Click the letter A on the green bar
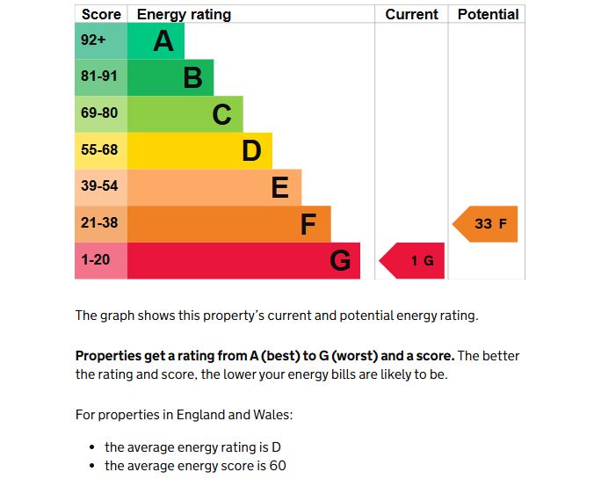[x=163, y=41]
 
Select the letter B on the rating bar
[x=192, y=78]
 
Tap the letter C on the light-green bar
[x=221, y=114]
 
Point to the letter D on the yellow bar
[x=251, y=151]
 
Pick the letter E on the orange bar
[x=280, y=187]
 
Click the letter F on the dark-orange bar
[x=308, y=224]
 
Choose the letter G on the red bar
[x=340, y=261]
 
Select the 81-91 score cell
[x=100, y=77]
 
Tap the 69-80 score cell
[x=100, y=114]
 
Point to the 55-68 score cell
[x=100, y=150]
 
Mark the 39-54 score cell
[x=100, y=187]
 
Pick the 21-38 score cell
[x=100, y=223]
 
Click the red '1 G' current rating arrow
[x=414, y=261]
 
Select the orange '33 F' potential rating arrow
[x=487, y=224]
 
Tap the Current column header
[x=411, y=14]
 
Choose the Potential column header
[x=488, y=14]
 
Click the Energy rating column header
[x=184, y=14]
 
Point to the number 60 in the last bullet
[x=278, y=466]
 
